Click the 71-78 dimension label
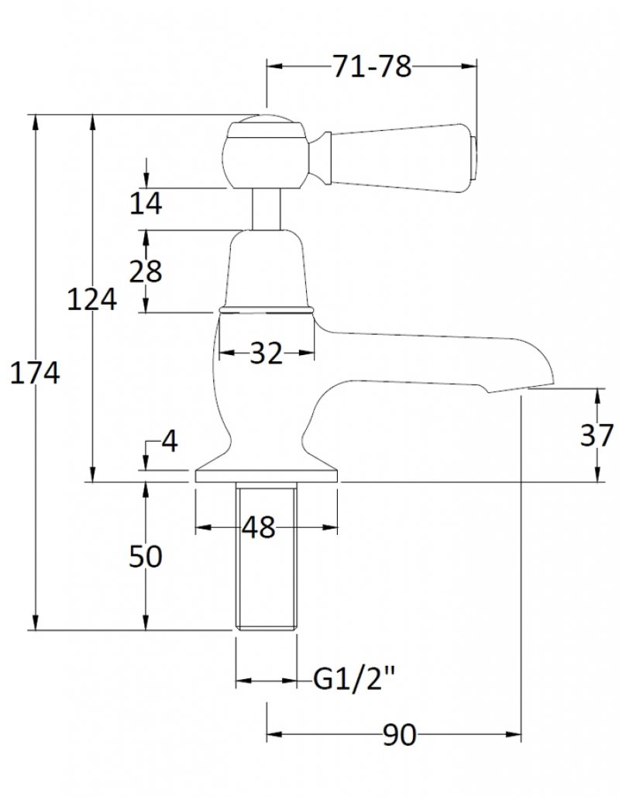click(x=371, y=68)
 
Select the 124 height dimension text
click(x=92, y=298)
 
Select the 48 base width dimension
click(x=258, y=528)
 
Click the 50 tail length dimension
click(x=145, y=556)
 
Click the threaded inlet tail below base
click(x=266, y=558)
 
